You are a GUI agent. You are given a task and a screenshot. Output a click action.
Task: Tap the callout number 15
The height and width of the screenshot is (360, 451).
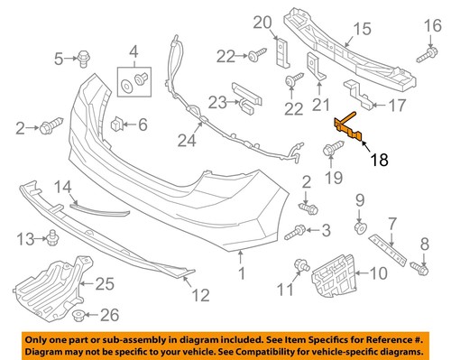pyautogui.click(x=361, y=30)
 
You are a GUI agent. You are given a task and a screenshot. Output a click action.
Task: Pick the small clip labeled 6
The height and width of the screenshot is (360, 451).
pyautogui.click(x=117, y=124)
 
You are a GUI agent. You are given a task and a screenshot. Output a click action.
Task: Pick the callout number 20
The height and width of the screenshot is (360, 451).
pyautogui.click(x=262, y=22)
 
